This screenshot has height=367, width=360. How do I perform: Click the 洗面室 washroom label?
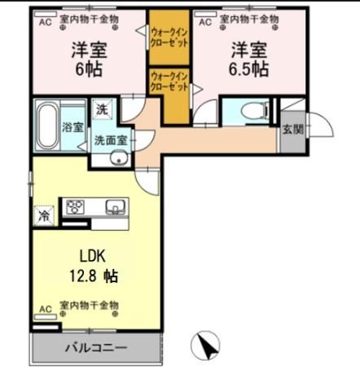[x=110, y=139]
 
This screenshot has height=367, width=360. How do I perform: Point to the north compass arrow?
[x=209, y=346]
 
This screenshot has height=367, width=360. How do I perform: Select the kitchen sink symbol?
[x=113, y=207]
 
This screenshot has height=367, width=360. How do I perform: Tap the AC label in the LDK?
[x=44, y=306]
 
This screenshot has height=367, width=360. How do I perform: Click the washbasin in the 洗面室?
[x=120, y=158]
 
